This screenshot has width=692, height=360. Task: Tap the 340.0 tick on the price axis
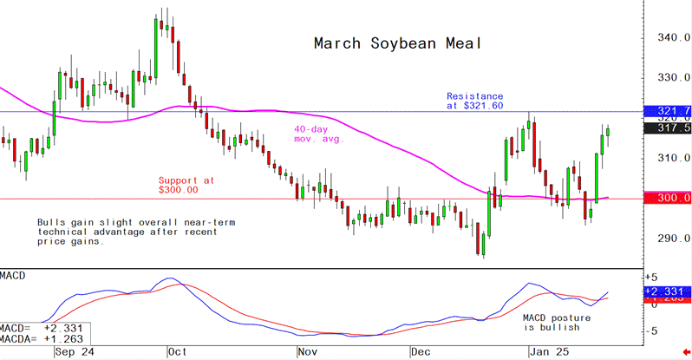pos(666,38)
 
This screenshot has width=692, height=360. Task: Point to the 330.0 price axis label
pos(666,78)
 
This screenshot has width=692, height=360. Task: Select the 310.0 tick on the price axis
pos(666,159)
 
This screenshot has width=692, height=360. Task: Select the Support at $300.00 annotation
pos(185,185)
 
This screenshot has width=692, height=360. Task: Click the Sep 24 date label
pos(74,353)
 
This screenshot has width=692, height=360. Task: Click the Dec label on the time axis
pos(421,353)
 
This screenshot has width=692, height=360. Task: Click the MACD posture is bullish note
pos(551,324)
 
